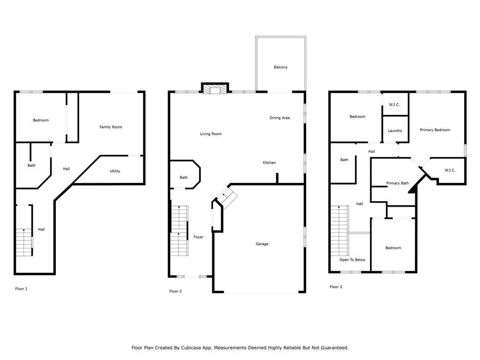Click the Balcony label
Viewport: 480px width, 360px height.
click(280, 67)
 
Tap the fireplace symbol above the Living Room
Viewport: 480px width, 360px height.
click(215, 88)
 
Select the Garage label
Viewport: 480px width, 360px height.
click(262, 244)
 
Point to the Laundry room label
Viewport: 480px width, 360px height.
click(395, 131)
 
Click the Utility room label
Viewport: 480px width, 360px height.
click(115, 171)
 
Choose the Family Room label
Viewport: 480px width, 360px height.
click(111, 127)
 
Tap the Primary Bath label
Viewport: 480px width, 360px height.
click(397, 183)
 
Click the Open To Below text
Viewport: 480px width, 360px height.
click(352, 260)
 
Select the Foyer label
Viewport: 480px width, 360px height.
click(198, 237)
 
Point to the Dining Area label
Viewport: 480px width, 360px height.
click(279, 118)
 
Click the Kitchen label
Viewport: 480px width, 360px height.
click(269, 163)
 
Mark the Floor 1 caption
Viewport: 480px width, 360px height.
click(21, 289)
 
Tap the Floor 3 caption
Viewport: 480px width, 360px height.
click(336, 287)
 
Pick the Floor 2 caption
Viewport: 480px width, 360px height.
click(175, 291)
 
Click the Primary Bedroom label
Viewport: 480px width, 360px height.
click(435, 130)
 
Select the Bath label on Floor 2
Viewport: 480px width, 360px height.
click(184, 178)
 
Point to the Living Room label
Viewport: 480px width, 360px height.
click(210, 134)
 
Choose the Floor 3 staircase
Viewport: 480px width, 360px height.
click(339, 231)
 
